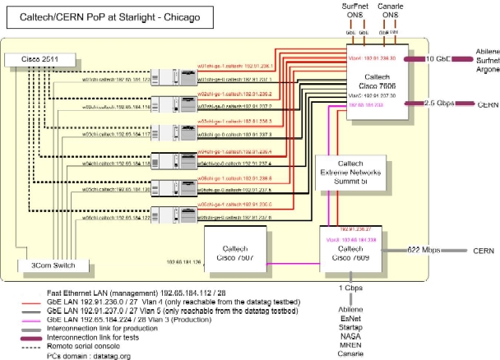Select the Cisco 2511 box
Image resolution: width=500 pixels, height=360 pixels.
tap(32, 60)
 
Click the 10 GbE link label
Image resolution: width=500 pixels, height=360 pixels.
tap(437, 58)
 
